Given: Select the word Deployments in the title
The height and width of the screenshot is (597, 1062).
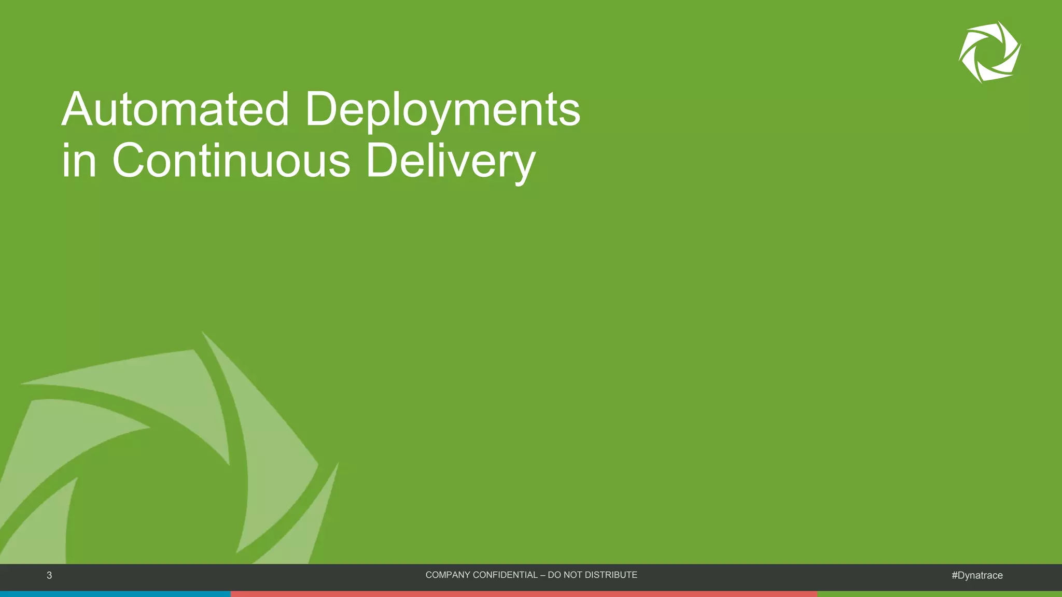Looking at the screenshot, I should tap(442, 110).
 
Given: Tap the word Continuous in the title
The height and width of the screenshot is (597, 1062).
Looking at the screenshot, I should tap(231, 161).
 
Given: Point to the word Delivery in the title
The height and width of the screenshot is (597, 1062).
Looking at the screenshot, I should tap(450, 162).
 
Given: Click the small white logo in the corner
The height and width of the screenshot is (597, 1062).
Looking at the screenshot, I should tap(989, 52).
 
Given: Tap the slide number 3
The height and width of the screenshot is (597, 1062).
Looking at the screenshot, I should tap(49, 575).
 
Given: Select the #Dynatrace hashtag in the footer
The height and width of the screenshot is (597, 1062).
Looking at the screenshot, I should tap(977, 575).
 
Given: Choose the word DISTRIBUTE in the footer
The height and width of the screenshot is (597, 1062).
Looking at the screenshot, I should tap(610, 575).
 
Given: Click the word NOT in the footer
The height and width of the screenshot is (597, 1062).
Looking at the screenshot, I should tap(571, 575).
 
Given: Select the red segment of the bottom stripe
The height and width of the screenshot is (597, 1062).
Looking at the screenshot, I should tap(524, 594).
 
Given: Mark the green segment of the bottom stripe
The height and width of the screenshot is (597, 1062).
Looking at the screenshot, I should tap(939, 594).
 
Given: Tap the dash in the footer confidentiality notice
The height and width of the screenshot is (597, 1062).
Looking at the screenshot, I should tap(542, 575).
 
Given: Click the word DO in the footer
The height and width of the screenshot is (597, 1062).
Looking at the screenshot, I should tap(554, 575).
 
